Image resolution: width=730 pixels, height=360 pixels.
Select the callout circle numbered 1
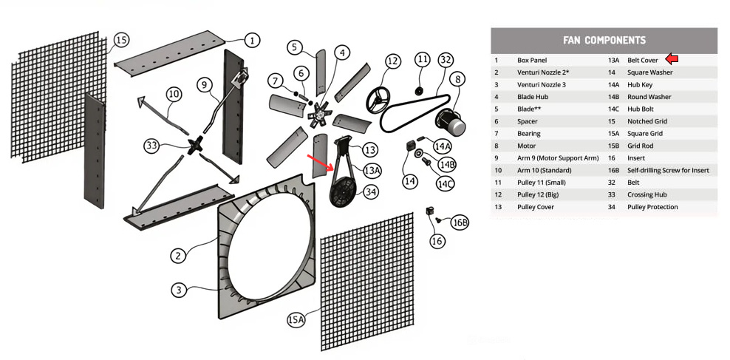(x=253, y=40)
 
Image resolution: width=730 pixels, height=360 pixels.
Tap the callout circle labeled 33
(x=152, y=146)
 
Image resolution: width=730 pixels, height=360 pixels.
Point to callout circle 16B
(x=460, y=222)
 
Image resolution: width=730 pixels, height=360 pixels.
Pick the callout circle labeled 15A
(x=296, y=319)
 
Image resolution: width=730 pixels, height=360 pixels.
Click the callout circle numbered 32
(x=445, y=59)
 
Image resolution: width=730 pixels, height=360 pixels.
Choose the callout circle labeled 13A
(x=372, y=170)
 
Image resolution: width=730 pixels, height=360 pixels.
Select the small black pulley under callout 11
(x=418, y=91)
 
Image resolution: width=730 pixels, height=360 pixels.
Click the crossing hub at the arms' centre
(x=197, y=145)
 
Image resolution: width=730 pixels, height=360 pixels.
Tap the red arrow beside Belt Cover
(x=672, y=59)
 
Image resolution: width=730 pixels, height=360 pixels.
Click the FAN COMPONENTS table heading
(x=604, y=40)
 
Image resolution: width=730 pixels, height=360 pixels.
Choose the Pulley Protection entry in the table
(x=652, y=207)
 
